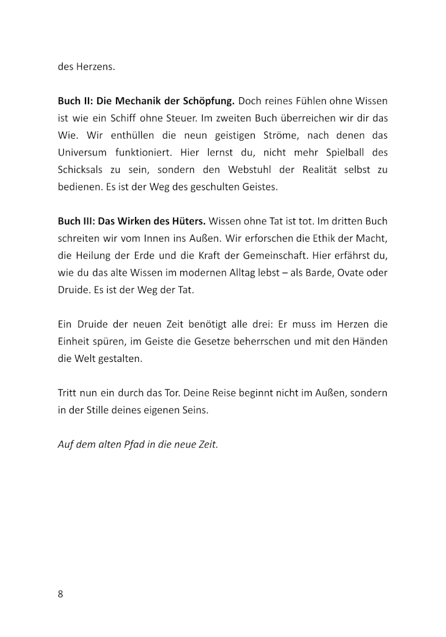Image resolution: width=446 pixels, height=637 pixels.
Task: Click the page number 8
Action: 61,594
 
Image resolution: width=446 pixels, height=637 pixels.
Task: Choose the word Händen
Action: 370,341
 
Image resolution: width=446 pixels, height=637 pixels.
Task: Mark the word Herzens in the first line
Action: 95,66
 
